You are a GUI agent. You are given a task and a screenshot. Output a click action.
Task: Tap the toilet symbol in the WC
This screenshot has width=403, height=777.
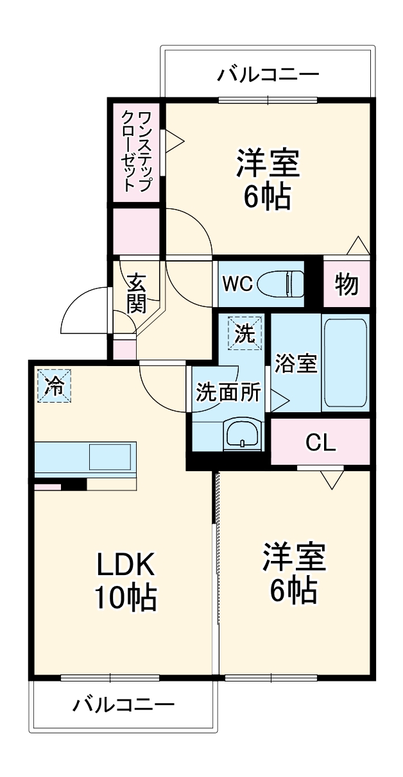pyautogui.click(x=281, y=283)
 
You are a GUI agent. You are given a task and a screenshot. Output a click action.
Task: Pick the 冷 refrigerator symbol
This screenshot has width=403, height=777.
pyautogui.click(x=55, y=386)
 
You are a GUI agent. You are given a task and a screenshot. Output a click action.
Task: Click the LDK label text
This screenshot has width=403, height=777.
pyautogui.click(x=126, y=564)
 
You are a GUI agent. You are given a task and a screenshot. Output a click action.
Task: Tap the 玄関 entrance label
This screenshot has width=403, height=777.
pyautogui.click(x=135, y=293)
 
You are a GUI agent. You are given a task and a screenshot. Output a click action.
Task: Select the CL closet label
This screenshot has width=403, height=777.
pyautogui.click(x=320, y=442)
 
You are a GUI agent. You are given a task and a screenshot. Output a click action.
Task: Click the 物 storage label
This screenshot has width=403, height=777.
pyautogui.click(x=347, y=284)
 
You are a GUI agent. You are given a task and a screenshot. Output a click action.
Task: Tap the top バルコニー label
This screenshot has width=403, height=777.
pyautogui.click(x=267, y=75)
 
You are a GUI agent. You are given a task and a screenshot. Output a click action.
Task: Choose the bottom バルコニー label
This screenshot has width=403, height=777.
pyautogui.click(x=123, y=705)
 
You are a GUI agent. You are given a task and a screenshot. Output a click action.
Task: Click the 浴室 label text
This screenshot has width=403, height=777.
pyautogui.click(x=296, y=363)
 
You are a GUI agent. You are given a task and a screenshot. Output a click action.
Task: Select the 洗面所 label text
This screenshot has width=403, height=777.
pyautogui.click(x=228, y=392)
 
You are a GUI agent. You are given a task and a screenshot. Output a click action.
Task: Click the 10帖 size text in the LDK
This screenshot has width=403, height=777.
pyautogui.click(x=126, y=597)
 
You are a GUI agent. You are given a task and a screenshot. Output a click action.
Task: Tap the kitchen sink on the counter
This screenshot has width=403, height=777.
pyautogui.click(x=112, y=458)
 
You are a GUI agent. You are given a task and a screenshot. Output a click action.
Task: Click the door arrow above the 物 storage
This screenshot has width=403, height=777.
pyautogui.click(x=357, y=246)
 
